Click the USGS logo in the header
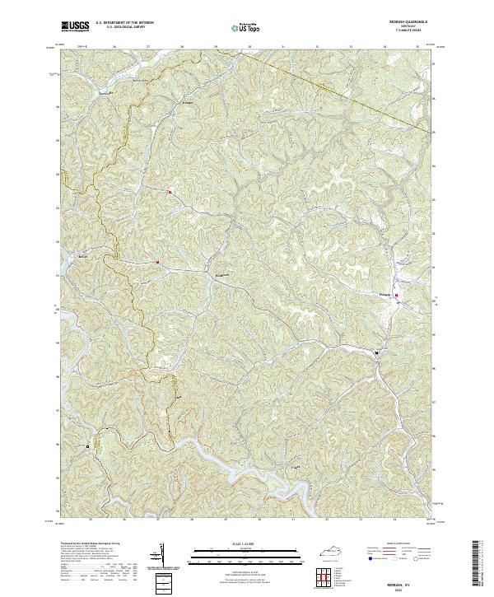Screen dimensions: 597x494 point(75,27)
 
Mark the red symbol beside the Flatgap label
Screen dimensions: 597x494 point(396,296)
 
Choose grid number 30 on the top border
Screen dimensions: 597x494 point(249,48)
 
